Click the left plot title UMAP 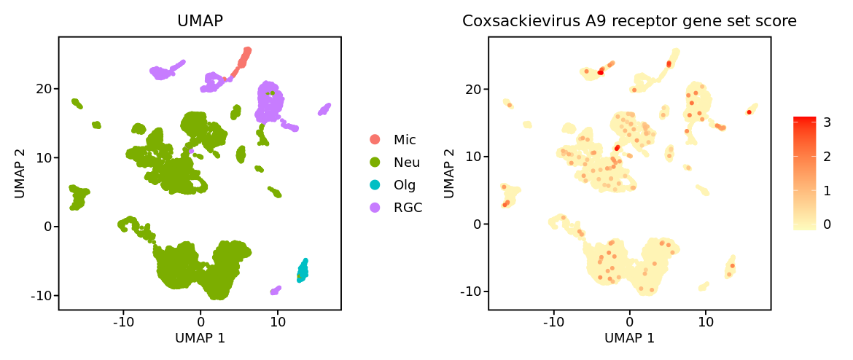point(200,22)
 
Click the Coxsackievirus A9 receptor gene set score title point(629,22)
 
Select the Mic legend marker point(375,139)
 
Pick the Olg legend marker point(375,184)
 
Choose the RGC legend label point(408,207)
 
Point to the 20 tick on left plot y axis point(44,88)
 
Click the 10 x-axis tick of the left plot point(278,321)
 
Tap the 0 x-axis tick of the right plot point(630,321)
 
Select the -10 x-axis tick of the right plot point(554,321)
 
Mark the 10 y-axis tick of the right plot point(474,156)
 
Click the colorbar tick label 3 point(827,122)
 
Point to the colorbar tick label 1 point(827,190)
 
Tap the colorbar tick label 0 point(827,224)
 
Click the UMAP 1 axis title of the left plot point(200,338)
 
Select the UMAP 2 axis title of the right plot point(450,173)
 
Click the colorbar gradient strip point(804,173)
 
